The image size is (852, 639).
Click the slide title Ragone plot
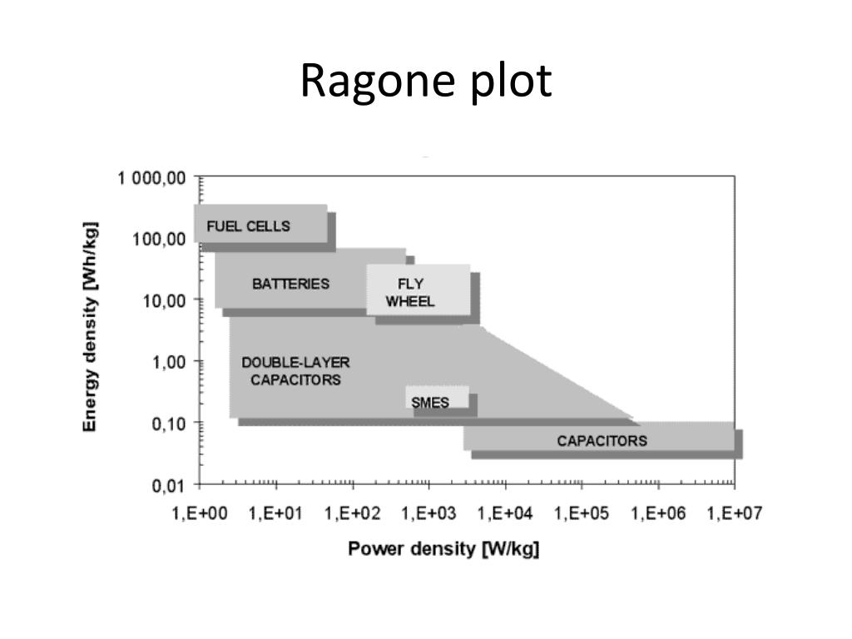pos(425,82)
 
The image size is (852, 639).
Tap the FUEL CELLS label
pos(249,225)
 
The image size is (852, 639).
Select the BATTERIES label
pos(290,284)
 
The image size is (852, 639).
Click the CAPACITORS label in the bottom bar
pos(602,440)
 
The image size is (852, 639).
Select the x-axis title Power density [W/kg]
pos(443,549)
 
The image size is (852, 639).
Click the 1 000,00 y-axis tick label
pos(152,178)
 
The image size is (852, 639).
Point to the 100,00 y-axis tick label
pos(160,240)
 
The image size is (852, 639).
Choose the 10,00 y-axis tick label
pos(164,300)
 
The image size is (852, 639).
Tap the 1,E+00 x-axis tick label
pos(199,513)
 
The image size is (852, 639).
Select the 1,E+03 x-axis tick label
pos(429,513)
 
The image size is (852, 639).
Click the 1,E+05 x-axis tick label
pos(582,513)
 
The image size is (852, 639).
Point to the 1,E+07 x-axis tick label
pos(735,513)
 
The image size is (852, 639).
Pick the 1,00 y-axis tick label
pos(168,362)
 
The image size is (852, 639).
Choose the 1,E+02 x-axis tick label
pos(353,513)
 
